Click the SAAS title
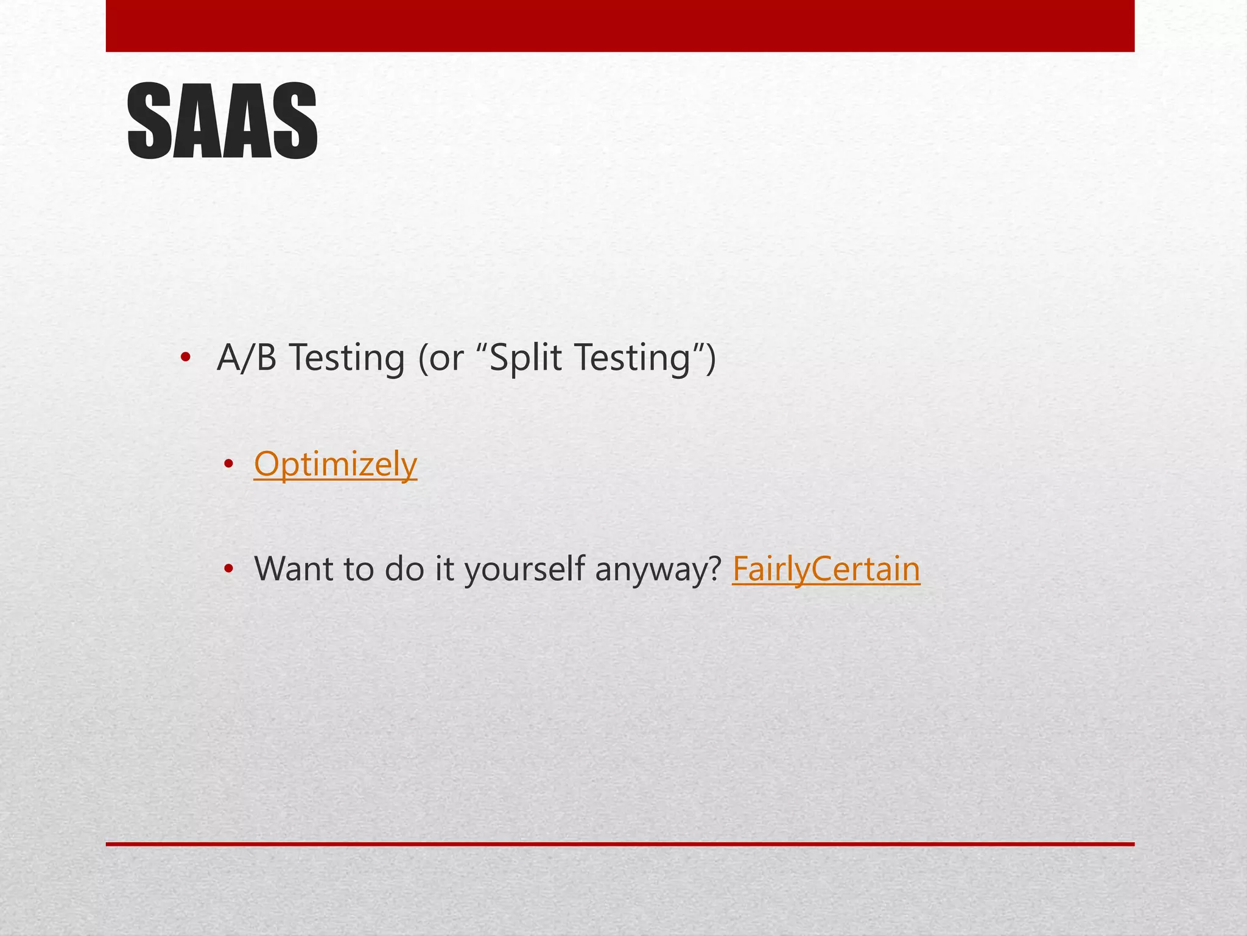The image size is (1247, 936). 222,122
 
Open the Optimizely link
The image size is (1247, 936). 335,464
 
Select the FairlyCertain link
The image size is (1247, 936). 826,569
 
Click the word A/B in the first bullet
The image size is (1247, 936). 247,358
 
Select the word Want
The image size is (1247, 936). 293,569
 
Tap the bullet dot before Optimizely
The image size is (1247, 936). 228,464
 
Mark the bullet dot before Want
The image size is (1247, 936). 228,570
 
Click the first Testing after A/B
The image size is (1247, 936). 346,359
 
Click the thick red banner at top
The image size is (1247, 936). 620,26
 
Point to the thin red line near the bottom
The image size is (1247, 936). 620,844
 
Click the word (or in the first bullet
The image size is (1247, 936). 440,359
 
